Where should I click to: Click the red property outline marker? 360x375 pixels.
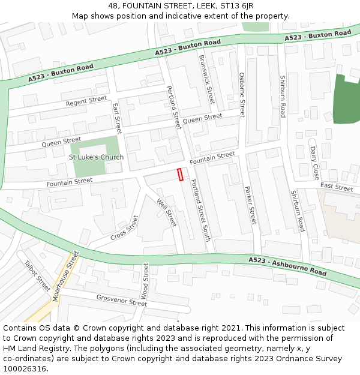point(179,175)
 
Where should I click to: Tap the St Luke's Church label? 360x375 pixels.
point(96,157)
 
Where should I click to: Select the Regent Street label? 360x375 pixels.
point(86,101)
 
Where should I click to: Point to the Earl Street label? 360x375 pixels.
point(117,118)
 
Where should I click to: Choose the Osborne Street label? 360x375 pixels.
point(242,95)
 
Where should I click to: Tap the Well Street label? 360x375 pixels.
point(166,212)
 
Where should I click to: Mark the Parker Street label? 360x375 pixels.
point(250,205)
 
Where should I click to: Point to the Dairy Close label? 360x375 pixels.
point(314,163)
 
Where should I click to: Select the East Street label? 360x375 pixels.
point(336,188)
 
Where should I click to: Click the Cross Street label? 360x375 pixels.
point(124,228)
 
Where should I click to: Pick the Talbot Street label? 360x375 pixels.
point(37,275)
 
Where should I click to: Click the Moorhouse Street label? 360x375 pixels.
point(65,277)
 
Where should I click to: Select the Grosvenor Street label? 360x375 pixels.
point(121,300)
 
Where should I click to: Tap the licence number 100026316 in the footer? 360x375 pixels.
point(25,368)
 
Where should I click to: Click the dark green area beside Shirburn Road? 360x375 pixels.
point(346,101)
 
